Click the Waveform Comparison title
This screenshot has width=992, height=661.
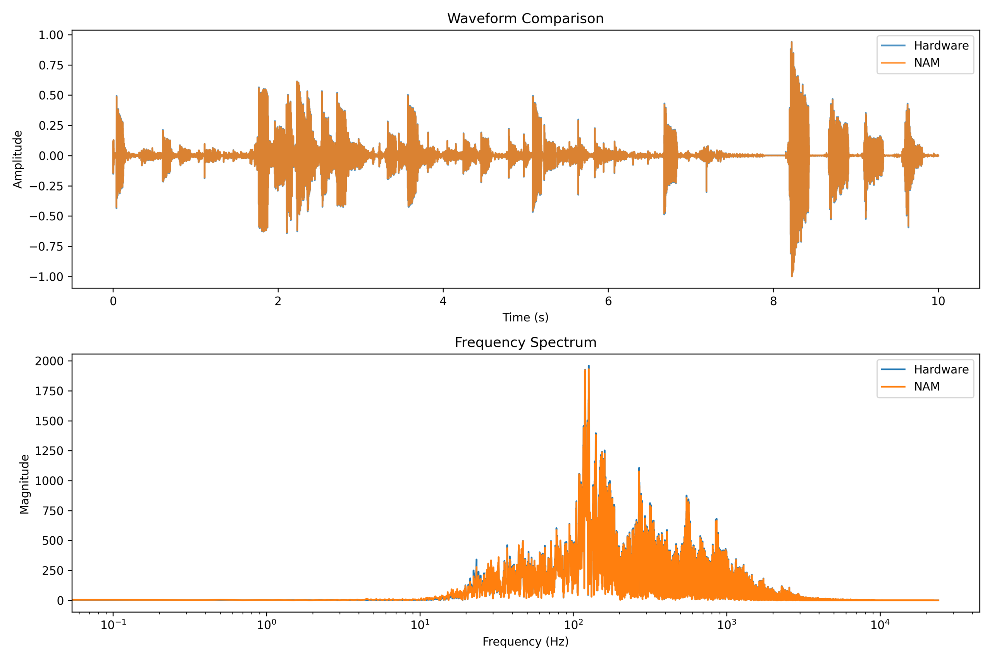525,19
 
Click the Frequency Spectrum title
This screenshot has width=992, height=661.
525,342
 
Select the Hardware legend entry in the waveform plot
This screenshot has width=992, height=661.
941,46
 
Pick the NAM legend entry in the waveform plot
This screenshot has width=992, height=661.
927,63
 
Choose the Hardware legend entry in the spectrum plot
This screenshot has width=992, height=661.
941,369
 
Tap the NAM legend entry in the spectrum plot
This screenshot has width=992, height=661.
927,386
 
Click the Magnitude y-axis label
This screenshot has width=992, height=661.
24,484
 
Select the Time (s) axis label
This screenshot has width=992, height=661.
525,318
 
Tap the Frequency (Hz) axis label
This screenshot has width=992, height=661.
525,641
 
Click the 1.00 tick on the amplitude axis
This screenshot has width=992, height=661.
51,35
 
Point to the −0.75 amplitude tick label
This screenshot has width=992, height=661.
46,247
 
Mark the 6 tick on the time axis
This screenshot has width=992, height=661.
608,301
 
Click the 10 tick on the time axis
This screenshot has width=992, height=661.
938,301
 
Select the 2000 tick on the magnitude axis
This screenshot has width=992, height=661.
49,361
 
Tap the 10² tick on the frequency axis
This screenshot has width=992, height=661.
573,625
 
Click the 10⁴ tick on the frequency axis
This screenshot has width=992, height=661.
880,625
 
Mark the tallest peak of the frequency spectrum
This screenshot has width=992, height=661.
588,366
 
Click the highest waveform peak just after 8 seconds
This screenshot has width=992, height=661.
791,42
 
